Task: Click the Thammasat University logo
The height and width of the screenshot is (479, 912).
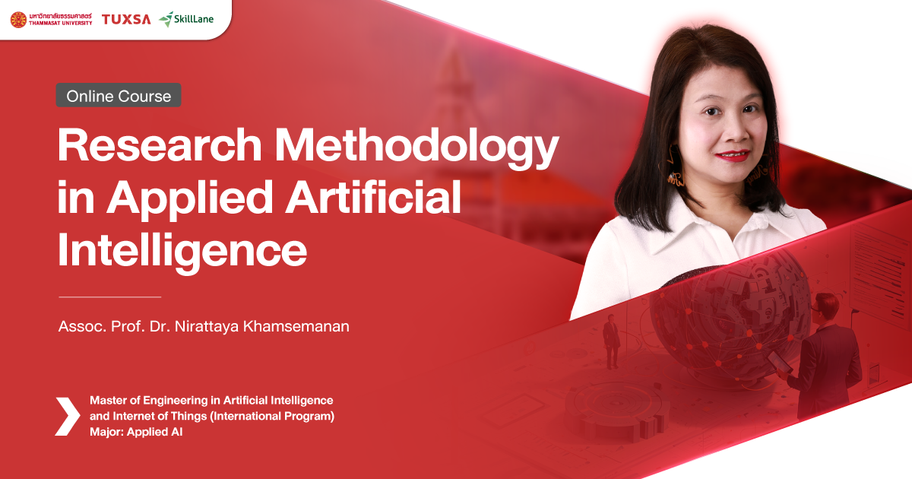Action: pos(51,19)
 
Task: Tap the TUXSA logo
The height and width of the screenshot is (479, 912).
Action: pos(125,19)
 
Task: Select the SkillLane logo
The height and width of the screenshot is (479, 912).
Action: pos(187,19)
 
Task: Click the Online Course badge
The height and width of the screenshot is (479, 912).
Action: pos(119,96)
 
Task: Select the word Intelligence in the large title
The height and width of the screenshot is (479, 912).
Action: pos(182,250)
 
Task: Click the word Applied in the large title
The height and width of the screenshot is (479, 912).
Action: pos(190,200)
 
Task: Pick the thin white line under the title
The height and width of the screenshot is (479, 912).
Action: pos(109,296)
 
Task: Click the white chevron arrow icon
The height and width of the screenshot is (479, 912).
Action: pos(67,416)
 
